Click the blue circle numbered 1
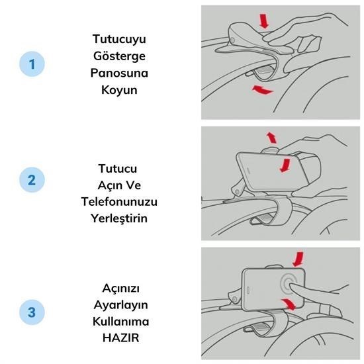(x=32, y=64)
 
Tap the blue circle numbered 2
(x=32, y=179)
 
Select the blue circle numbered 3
(x=32, y=312)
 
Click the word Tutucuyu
(x=119, y=39)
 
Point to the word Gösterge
(x=119, y=56)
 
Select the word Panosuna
(x=119, y=73)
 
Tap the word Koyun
(x=119, y=90)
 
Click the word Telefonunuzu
(x=119, y=201)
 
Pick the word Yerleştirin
(x=119, y=218)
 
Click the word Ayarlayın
(x=121, y=305)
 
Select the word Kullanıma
(x=121, y=322)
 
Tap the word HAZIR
(x=121, y=338)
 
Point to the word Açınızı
(x=121, y=289)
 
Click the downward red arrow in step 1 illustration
(x=264, y=21)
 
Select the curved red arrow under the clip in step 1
(x=262, y=90)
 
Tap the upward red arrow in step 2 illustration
(x=271, y=138)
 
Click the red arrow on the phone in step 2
(x=285, y=165)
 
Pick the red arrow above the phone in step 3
(x=298, y=259)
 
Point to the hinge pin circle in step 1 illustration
(x=233, y=40)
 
